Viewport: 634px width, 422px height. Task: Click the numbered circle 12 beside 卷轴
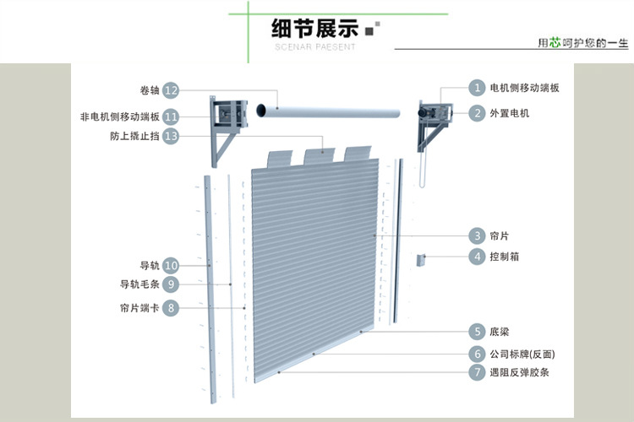point(171,90)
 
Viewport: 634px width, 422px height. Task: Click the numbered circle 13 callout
point(171,136)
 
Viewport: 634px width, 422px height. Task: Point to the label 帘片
point(499,235)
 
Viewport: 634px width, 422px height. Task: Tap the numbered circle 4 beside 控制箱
point(478,257)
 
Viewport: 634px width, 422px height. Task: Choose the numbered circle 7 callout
point(478,372)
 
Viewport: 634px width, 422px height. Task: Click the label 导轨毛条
point(139,284)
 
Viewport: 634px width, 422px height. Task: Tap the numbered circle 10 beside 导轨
point(171,265)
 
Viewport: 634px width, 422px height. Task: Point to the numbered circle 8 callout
point(171,308)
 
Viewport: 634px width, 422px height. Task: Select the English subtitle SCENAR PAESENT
point(315,47)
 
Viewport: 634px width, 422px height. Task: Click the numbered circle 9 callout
point(171,284)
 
